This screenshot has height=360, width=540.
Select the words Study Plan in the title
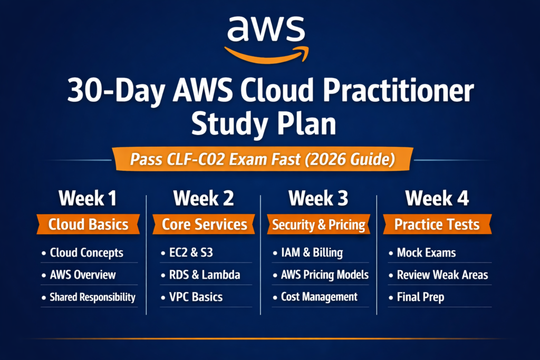pos(264,124)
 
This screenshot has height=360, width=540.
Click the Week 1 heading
pos(88,199)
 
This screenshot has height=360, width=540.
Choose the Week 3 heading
pos(318,199)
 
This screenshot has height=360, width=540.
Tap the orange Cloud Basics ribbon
pos(88,225)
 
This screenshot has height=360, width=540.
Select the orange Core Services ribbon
pos(204,225)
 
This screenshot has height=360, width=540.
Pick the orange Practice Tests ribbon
pos(437,225)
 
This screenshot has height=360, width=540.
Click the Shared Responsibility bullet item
pos(92,297)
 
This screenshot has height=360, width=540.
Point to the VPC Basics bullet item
pos(192,297)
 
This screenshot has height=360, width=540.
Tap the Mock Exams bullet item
pos(426,253)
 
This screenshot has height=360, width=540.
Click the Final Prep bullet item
pos(420,297)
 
